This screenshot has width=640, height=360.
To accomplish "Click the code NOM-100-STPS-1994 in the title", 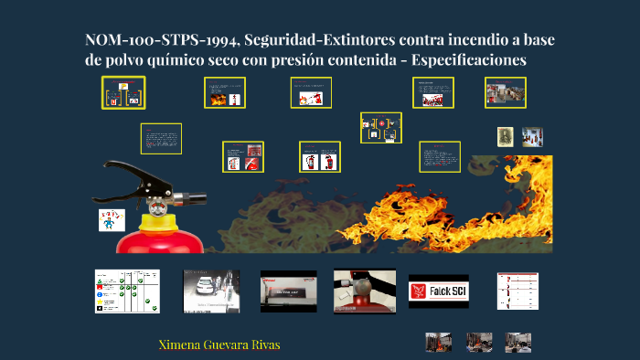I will click(153, 40).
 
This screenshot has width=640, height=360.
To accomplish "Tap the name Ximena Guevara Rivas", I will click(219, 344).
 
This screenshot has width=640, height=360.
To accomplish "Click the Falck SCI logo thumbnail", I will click(438, 291).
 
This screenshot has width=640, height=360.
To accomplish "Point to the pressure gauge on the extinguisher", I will click(157, 206).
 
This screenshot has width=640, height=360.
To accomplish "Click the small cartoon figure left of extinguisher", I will click(110, 220).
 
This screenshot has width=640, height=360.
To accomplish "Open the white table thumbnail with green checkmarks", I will click(127, 291).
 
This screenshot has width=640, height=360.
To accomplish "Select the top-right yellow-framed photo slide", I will click(506, 91).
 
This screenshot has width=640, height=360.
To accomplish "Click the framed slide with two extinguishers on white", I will click(320, 156).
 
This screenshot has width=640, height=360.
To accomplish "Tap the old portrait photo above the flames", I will click(506, 136).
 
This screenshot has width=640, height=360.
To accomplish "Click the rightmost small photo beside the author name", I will click(518, 343).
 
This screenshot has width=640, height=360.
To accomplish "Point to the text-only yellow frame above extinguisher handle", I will click(161, 139).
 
